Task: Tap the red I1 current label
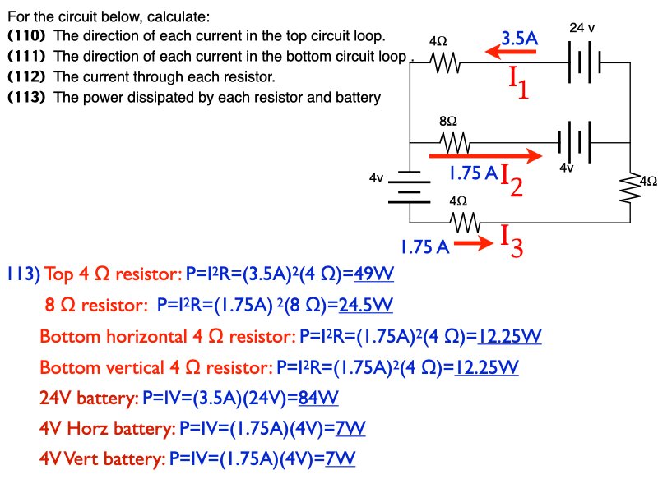(519, 82)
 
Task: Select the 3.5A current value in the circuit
(520, 38)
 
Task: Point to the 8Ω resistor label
(447, 122)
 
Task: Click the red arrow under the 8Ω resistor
(486, 154)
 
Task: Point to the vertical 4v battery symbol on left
(409, 187)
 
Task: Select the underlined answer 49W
(374, 274)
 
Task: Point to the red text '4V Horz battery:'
(107, 428)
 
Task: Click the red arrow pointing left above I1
(512, 53)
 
